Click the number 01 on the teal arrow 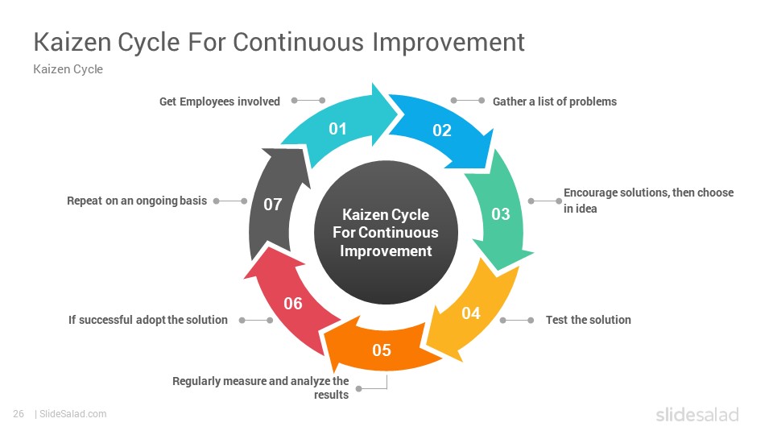[x=337, y=129]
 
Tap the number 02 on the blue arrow [x=442, y=130]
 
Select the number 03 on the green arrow [x=501, y=214]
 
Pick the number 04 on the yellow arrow [x=471, y=313]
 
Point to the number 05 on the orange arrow [x=382, y=350]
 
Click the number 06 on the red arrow [x=293, y=304]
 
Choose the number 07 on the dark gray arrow [x=273, y=204]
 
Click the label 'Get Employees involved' [x=219, y=101]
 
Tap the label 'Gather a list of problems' [x=555, y=101]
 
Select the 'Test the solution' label [x=588, y=320]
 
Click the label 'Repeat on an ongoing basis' [x=137, y=201]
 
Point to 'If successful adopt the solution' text [x=148, y=320]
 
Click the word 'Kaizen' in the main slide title [x=72, y=42]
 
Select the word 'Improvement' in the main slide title [x=449, y=42]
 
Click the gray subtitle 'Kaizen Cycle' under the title [x=68, y=69]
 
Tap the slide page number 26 [x=19, y=414]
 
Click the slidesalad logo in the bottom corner [x=697, y=414]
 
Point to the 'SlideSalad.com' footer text [x=73, y=414]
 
